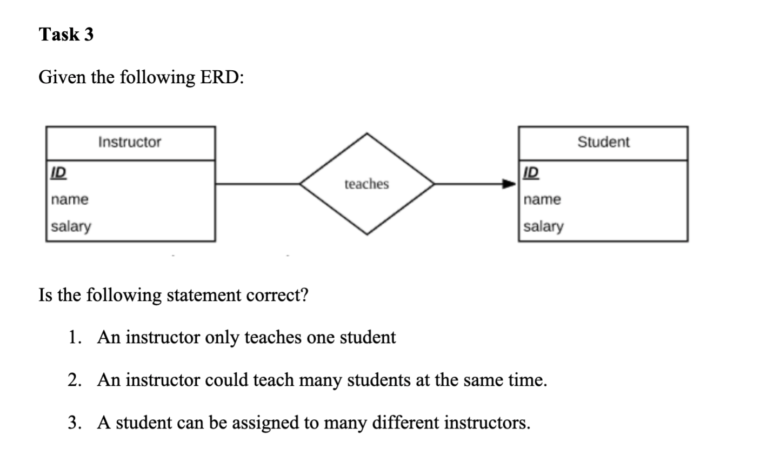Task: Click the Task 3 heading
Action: click(x=66, y=35)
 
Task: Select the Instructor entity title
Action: click(x=130, y=142)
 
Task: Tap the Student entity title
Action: click(x=603, y=142)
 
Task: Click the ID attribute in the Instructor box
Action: click(x=58, y=173)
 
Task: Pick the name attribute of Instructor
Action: click(x=70, y=199)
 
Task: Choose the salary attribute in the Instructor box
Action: click(x=71, y=226)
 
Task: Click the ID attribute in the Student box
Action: click(x=531, y=173)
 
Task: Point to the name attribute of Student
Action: click(x=543, y=199)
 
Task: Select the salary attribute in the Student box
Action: click(x=544, y=226)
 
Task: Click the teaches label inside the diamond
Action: click(x=366, y=184)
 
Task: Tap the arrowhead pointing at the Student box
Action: click(x=510, y=184)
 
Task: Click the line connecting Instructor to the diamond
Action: click(x=258, y=184)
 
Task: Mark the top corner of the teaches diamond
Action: click(x=367, y=134)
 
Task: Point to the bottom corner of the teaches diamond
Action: click(x=367, y=234)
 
